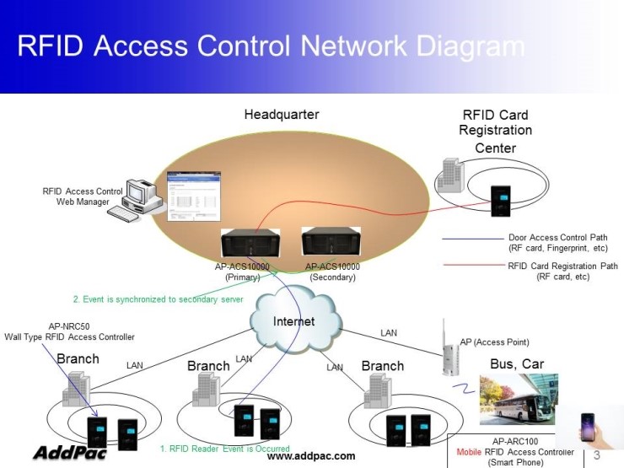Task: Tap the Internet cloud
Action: tap(293, 318)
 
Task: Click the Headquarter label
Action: tap(282, 115)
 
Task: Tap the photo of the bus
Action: tap(519, 399)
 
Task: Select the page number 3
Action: tap(596, 455)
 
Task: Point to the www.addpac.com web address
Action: tap(310, 456)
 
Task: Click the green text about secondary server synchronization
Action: tap(158, 299)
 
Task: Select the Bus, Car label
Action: tap(517, 364)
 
